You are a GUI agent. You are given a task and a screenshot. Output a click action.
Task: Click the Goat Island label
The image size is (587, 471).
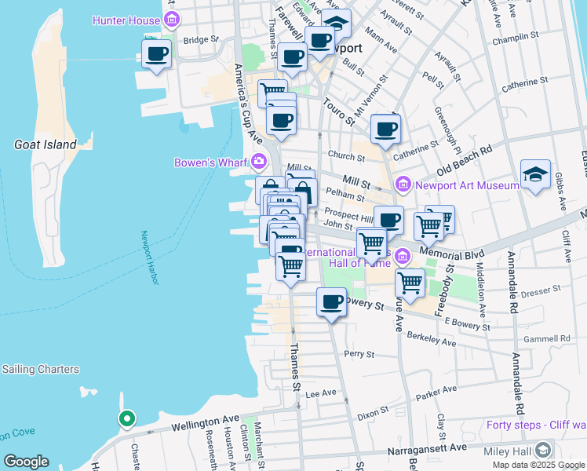pos(46,144)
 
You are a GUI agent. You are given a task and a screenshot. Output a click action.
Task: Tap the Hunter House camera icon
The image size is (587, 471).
pos(171,20)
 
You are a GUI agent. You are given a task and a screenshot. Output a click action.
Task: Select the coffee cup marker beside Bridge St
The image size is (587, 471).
pos(156,55)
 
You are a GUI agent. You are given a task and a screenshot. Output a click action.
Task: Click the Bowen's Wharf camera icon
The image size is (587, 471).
pos(259,162)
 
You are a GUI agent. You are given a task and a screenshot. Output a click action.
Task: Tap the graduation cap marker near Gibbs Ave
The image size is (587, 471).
pos(535,175)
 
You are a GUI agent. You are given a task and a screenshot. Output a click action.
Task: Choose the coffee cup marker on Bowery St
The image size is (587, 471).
pos(331,301)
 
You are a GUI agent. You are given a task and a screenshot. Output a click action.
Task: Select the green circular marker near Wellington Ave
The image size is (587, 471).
pos(126,419)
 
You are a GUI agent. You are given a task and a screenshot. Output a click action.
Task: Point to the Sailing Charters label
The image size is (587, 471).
pos(40,369)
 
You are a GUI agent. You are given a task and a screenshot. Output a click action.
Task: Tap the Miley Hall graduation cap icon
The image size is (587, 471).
pos(542,450)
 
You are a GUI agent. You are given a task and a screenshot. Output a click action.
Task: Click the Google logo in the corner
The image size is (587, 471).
pos(26,461)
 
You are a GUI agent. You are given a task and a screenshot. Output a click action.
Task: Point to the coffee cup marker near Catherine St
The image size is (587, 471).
pos(385,129)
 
